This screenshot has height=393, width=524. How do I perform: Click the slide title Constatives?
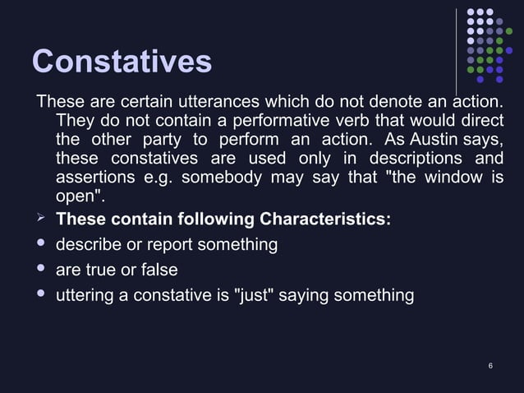pos(122,62)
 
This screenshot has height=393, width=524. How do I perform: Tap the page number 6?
pos(490,364)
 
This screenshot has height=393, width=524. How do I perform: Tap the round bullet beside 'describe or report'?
pos(41,244)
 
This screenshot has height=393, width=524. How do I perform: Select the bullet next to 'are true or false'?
pos(41,270)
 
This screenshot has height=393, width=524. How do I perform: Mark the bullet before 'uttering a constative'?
pos(41,294)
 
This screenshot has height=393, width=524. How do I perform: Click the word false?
pos(158,270)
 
